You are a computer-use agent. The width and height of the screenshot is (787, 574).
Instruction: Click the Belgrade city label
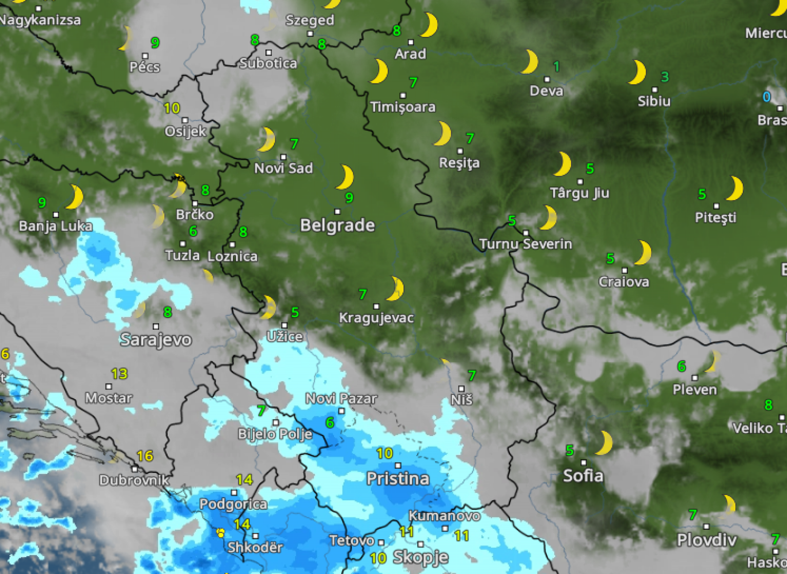tap(337, 225)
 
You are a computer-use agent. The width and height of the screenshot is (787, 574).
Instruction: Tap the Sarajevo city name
tap(156, 340)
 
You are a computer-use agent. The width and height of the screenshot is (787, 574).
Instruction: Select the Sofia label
tap(583, 476)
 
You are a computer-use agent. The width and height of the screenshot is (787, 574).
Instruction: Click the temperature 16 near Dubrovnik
tap(145, 456)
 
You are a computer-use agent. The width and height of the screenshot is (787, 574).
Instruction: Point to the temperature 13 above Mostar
tap(119, 373)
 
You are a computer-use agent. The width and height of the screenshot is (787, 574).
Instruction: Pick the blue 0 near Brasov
tap(766, 97)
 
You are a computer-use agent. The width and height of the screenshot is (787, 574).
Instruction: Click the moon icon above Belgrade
tap(345, 177)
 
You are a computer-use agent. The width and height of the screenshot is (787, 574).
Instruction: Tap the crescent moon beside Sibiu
tap(638, 72)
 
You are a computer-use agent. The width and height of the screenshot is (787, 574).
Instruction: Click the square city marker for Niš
tap(462, 388)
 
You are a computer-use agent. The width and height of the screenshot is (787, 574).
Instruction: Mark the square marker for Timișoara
tap(403, 95)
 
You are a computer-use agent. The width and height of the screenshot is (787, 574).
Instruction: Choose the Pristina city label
tap(398, 479)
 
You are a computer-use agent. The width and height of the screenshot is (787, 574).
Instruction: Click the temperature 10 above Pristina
tap(384, 453)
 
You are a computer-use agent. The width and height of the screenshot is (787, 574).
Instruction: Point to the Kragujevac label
tap(376, 318)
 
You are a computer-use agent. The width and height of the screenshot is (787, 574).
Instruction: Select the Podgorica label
tap(233, 504)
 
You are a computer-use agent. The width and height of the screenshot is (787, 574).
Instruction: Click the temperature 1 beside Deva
tap(556, 67)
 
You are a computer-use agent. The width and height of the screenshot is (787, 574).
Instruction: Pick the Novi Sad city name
tap(284, 168)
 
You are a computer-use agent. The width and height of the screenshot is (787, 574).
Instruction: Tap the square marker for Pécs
tap(145, 56)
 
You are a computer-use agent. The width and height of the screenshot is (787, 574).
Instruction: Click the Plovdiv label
tap(707, 540)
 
